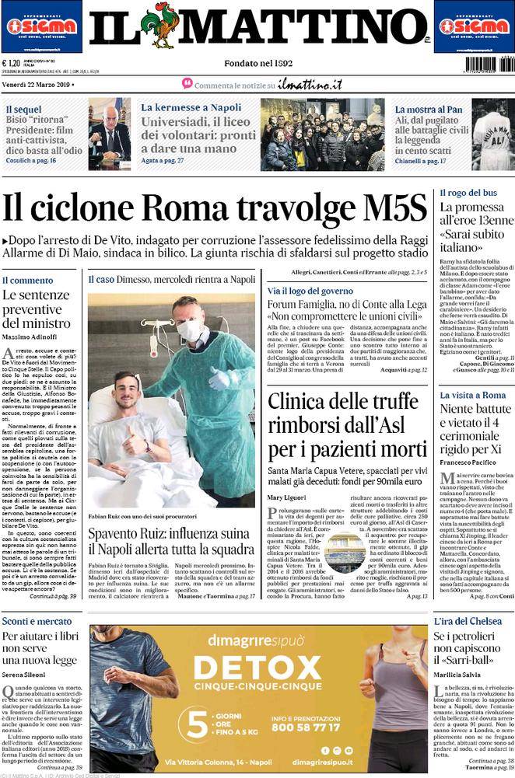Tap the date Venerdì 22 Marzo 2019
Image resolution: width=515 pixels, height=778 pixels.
[x=37, y=84]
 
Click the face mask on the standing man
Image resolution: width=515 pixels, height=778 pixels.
[x=190, y=331]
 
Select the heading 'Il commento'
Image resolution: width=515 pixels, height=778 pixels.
[x=27, y=280]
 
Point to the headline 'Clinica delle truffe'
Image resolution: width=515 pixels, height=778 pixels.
[x=347, y=425]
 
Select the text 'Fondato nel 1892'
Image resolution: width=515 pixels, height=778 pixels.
[x=257, y=63]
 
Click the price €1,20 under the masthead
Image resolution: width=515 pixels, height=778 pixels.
[x=12, y=64]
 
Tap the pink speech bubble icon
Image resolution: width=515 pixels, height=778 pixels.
[x=187, y=83]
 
